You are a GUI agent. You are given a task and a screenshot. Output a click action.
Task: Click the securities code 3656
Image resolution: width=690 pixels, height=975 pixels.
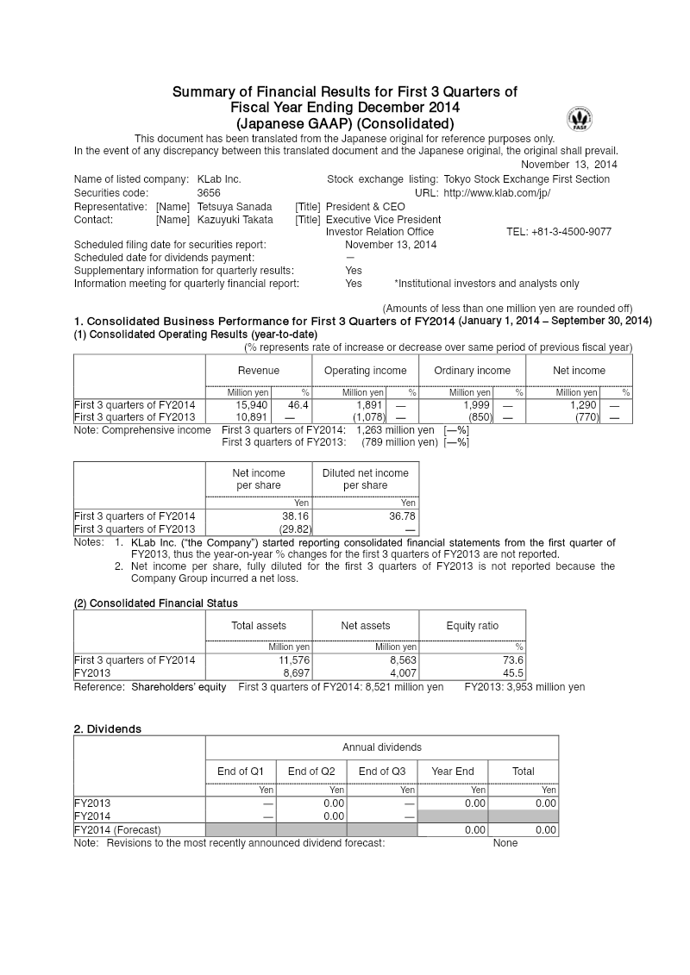click(x=210, y=193)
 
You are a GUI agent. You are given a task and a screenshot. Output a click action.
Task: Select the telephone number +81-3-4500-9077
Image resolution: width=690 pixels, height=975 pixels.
click(x=559, y=232)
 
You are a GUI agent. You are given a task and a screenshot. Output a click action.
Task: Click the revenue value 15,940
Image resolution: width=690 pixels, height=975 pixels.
click(x=251, y=404)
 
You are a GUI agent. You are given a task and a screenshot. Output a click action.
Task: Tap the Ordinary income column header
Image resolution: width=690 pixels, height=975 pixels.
click(x=472, y=371)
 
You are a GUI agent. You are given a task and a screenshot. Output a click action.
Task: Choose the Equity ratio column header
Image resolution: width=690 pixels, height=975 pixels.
click(x=472, y=626)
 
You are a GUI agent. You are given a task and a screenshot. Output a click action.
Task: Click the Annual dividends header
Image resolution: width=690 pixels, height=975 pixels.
click(x=381, y=747)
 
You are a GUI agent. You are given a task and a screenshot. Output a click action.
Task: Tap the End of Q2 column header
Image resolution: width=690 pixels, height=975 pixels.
click(x=310, y=772)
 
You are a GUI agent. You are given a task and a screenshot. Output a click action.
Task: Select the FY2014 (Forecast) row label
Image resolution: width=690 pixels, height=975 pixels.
click(x=117, y=830)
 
